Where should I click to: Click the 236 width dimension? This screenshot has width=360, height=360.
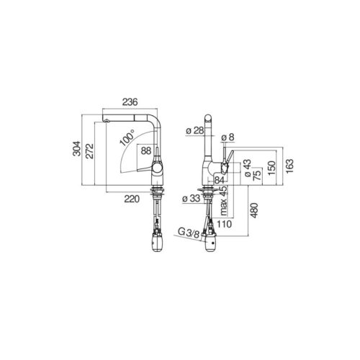[x=130, y=102]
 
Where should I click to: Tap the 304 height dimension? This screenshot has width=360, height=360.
[x=77, y=149]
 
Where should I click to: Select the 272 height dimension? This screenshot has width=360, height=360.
[x=90, y=151]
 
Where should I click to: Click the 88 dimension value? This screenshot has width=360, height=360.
[x=146, y=150]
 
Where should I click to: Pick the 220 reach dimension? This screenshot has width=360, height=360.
[x=132, y=199]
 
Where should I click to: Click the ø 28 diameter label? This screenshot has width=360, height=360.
[x=194, y=131]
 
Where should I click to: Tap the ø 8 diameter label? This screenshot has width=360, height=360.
[x=228, y=138]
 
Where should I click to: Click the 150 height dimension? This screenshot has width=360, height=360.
[x=271, y=168]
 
